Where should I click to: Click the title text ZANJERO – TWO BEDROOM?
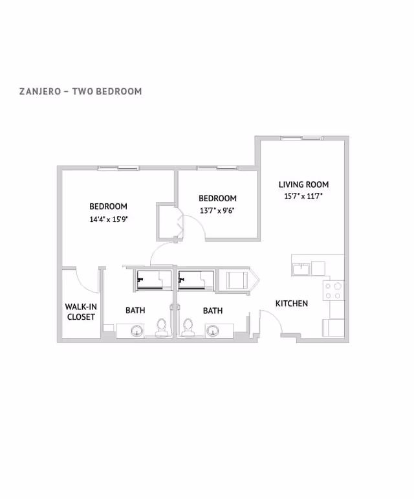click(80, 91)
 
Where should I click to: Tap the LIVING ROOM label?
click(303, 184)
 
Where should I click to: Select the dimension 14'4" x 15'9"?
click(108, 219)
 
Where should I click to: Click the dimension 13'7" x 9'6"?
click(217, 210)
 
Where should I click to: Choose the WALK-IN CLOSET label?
click(80, 311)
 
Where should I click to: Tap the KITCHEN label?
click(292, 304)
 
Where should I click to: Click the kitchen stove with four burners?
click(334, 291)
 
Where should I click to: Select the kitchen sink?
click(301, 267)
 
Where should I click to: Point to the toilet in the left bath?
click(162, 327)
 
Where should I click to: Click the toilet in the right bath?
click(189, 327)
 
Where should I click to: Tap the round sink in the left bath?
click(137, 331)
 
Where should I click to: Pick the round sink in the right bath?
click(212, 331)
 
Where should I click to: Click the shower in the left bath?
click(153, 280)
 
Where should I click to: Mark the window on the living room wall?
click(301, 138)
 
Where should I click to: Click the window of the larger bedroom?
click(118, 168)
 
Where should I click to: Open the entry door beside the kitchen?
click(270, 322)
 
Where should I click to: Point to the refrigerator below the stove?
click(334, 327)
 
